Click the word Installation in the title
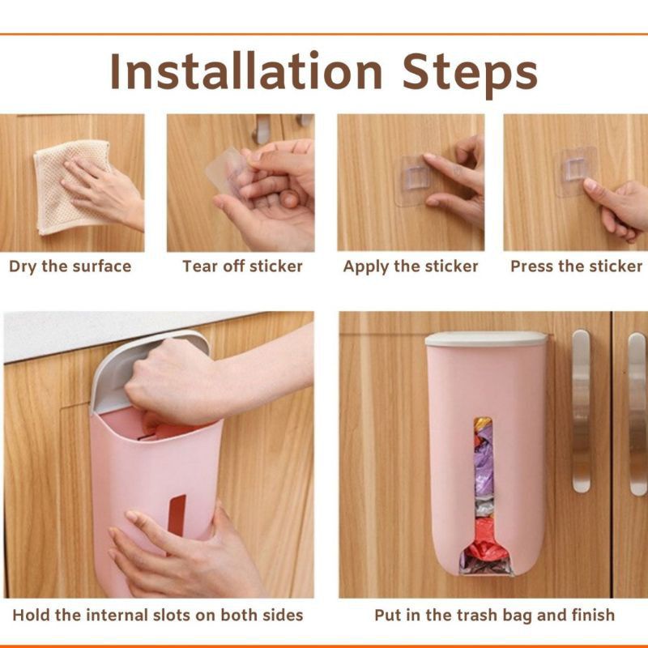[x=246, y=70]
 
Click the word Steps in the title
[x=470, y=75]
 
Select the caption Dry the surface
[x=70, y=266]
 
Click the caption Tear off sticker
[x=242, y=266]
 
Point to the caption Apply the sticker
[x=411, y=267]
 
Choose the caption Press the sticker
[x=577, y=266]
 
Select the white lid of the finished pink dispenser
[x=486, y=339]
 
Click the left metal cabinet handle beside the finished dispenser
[x=581, y=411]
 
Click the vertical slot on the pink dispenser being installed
[x=177, y=516]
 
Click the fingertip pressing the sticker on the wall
[x=429, y=158]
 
